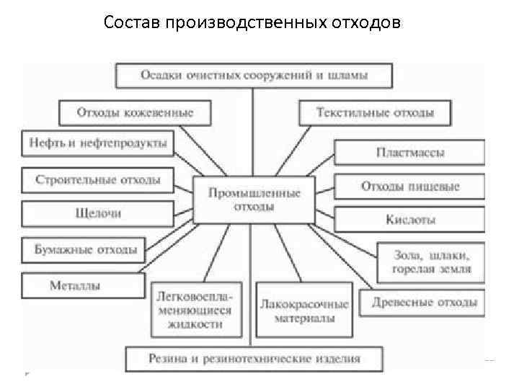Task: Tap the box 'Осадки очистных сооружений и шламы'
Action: [254, 75]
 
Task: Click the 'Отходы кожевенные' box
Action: [136, 112]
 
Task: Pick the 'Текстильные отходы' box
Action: [375, 112]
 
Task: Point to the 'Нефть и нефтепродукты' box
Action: [98, 143]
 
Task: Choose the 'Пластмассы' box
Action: [409, 153]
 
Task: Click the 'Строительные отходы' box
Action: [98, 179]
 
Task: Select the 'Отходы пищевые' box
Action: [409, 187]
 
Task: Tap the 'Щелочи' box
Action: [98, 213]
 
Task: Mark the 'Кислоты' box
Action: [409, 220]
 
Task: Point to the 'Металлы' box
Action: [75, 286]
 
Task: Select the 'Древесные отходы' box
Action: [424, 302]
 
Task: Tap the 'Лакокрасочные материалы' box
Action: [303, 310]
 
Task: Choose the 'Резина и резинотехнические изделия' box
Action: [254, 358]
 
